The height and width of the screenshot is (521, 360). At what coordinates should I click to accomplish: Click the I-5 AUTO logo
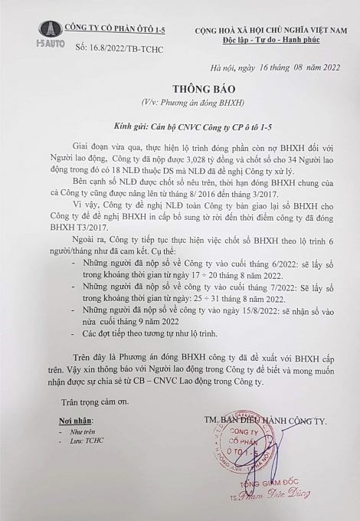point(51,35)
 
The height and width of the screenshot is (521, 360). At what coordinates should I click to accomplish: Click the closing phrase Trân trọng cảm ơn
point(90,401)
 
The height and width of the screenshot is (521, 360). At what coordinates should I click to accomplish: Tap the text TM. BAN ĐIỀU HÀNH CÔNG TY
point(268,421)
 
